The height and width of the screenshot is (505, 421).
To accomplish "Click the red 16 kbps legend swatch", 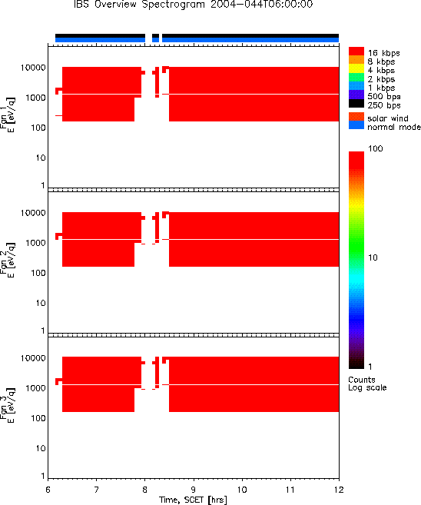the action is pos(356,51).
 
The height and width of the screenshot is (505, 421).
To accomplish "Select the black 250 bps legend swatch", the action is pos(356,104).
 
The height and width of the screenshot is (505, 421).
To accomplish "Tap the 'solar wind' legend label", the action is pos(388,118).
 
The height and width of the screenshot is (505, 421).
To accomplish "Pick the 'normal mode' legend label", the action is pos(394,127).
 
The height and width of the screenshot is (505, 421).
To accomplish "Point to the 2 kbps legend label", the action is pos(381,79).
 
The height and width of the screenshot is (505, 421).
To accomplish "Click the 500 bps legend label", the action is pos(384,97).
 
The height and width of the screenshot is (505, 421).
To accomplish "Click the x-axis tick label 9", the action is pos(193,490).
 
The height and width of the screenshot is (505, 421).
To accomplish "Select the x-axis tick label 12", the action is pos(339,490).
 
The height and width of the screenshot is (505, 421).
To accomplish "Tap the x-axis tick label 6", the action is pos(48,490).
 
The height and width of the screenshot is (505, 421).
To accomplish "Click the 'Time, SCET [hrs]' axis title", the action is pos(193,500).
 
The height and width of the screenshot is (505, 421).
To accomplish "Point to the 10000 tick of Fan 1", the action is pos(33,68).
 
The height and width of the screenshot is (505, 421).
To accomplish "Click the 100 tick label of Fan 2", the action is pos(38,273).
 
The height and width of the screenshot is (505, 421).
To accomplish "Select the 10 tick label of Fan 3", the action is pos(41,448).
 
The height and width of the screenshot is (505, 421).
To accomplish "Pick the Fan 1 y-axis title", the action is pos(7,115).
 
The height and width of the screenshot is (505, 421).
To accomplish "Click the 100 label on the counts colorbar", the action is pos(376,148).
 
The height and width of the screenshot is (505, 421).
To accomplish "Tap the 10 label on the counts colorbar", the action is pos(373,257).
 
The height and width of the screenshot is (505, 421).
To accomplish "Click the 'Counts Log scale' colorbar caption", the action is pos(367,384).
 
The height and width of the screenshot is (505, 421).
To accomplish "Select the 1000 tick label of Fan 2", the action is pos(36,243).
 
